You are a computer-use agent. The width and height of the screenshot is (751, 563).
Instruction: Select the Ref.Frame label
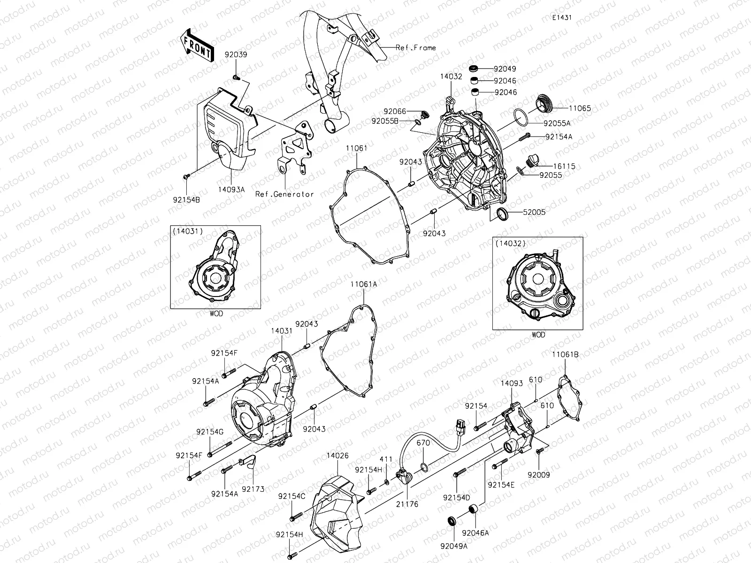(416, 47)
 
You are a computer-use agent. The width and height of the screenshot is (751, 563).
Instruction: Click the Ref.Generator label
(284, 194)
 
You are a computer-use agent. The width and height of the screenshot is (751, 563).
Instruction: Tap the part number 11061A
(363, 284)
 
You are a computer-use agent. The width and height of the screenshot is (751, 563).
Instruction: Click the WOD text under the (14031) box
(216, 314)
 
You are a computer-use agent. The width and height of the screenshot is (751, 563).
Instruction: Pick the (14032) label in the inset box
(510, 243)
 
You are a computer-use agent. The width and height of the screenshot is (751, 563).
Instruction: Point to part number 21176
(407, 504)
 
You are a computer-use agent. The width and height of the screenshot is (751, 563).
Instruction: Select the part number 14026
(337, 455)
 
